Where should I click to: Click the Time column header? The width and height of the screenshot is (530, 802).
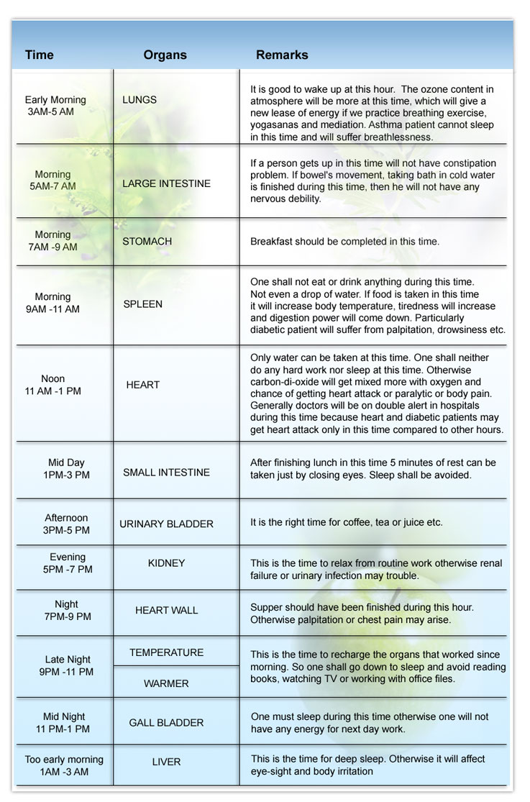click(x=40, y=55)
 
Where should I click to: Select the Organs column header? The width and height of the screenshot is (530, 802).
click(x=165, y=55)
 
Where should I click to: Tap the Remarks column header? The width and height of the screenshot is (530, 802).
click(x=282, y=55)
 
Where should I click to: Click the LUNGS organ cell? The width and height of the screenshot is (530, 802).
click(x=140, y=100)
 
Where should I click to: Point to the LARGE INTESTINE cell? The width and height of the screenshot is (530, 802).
click(x=166, y=183)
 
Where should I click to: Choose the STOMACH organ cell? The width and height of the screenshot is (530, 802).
click(x=147, y=242)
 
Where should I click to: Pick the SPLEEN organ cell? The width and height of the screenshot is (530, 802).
click(x=142, y=304)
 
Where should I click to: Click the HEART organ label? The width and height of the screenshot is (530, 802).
click(x=142, y=385)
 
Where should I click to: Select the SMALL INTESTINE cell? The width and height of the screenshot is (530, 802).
click(x=166, y=473)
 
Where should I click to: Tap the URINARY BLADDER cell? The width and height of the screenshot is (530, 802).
click(x=166, y=524)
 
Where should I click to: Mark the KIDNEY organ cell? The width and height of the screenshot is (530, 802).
click(x=166, y=563)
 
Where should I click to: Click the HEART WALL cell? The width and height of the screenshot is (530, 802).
click(x=166, y=611)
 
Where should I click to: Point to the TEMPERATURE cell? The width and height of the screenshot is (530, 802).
click(x=166, y=652)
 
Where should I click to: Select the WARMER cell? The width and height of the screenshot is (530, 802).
click(x=166, y=683)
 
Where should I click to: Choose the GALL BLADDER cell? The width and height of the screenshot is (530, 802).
click(x=166, y=722)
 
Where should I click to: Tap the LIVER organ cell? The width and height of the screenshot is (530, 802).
click(x=166, y=762)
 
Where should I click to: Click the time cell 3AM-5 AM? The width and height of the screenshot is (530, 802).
click(x=55, y=106)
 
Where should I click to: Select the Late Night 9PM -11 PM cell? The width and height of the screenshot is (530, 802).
click(x=67, y=665)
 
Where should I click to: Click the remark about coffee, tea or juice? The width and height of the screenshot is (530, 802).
click(x=346, y=523)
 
